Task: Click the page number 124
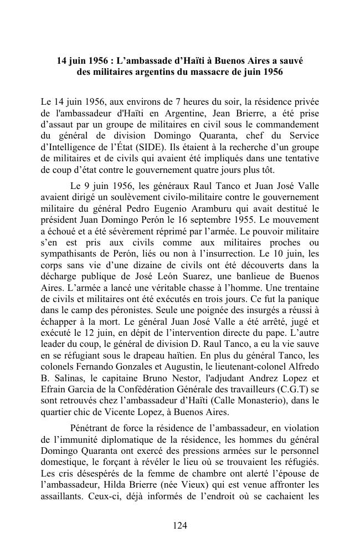tap(179, 525)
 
